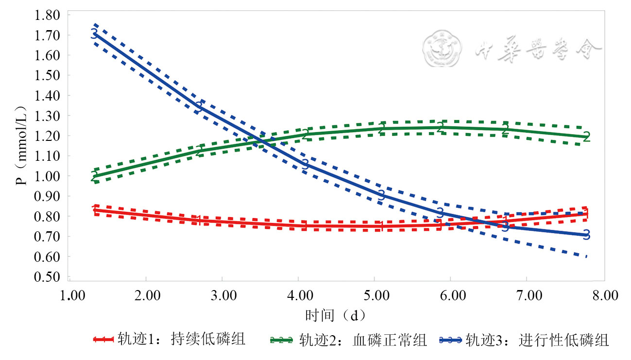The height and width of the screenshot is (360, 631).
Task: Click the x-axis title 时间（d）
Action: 336,316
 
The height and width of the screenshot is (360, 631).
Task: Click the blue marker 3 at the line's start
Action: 94,34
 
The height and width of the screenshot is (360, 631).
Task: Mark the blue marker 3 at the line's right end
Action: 586,235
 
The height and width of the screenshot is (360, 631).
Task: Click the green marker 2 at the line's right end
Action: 586,137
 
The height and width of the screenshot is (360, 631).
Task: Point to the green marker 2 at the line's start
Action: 95,176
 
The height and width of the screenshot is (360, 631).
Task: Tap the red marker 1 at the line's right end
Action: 586,214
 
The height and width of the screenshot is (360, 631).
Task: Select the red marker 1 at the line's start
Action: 95,210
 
